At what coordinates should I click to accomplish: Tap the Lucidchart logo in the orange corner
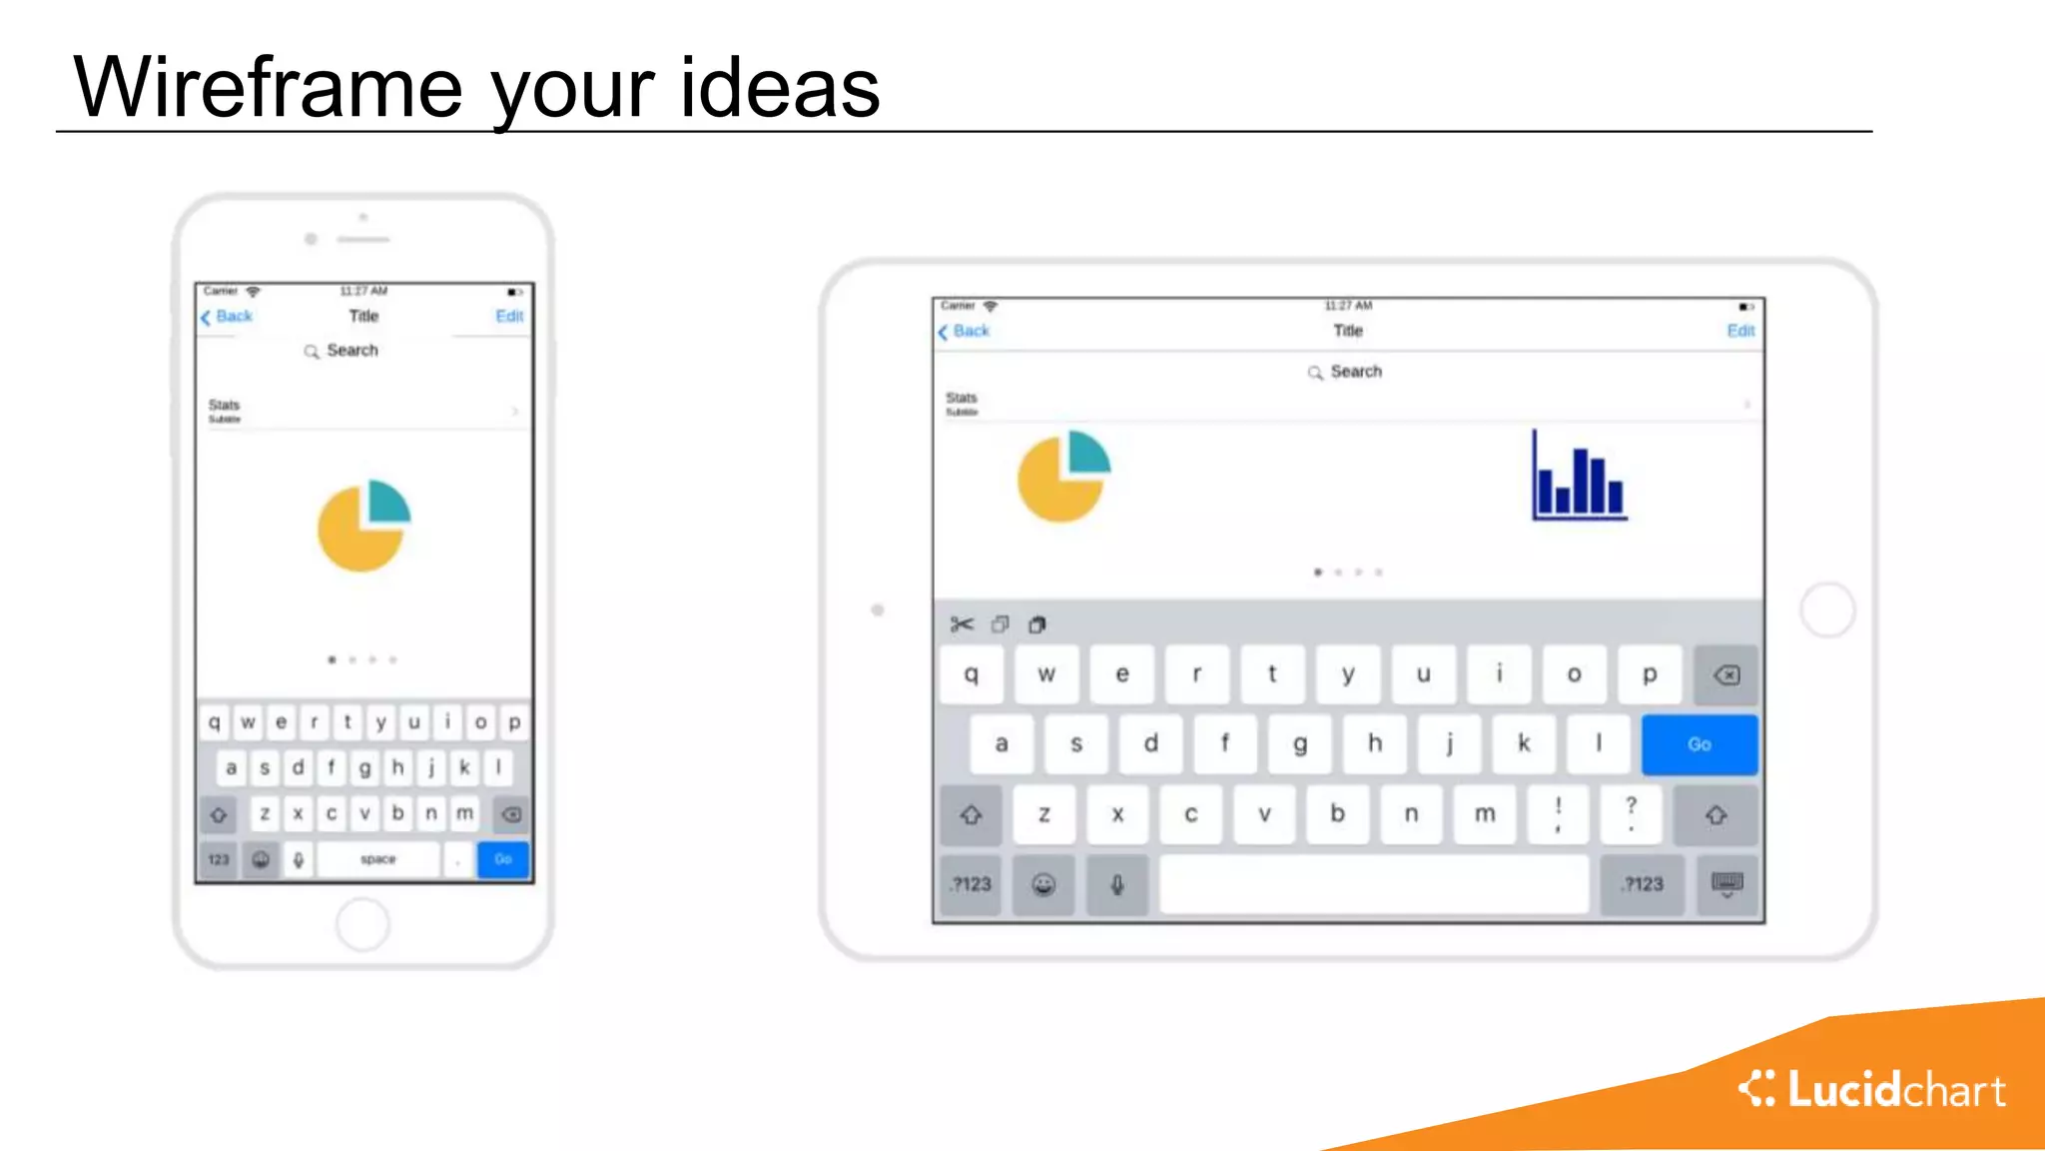pyautogui.click(x=1872, y=1089)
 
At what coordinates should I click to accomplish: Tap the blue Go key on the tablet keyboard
pyautogui.click(x=1699, y=744)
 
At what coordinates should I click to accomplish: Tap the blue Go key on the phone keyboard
pyautogui.click(x=503, y=859)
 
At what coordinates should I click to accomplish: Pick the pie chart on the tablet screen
pyautogui.click(x=1063, y=476)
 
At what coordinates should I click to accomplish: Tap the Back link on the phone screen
pyautogui.click(x=228, y=317)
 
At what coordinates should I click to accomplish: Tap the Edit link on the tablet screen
pyautogui.click(x=1740, y=331)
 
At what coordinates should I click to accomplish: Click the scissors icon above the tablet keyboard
pyautogui.click(x=962, y=624)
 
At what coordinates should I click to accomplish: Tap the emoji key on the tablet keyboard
pyautogui.click(x=1043, y=884)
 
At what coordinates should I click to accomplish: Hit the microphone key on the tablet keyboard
pyautogui.click(x=1117, y=884)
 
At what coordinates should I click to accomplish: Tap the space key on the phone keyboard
pyautogui.click(x=378, y=859)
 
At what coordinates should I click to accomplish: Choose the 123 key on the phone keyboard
pyautogui.click(x=219, y=859)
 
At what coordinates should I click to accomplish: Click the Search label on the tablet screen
pyautogui.click(x=1355, y=372)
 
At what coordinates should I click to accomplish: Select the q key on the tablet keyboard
pyautogui.click(x=971, y=674)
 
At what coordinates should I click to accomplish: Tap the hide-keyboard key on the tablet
pyautogui.click(x=1726, y=884)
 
